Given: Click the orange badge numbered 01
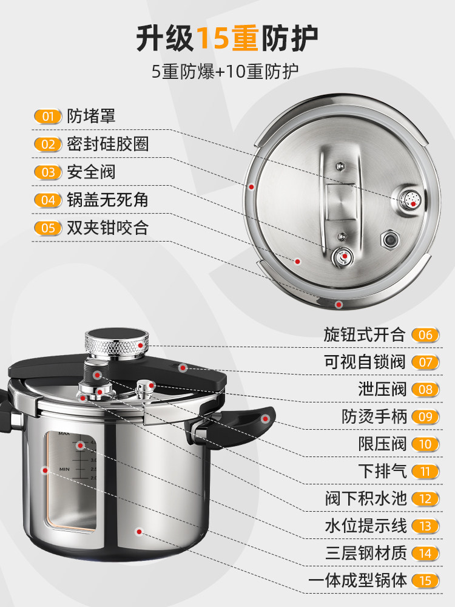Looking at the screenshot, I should pos(48,117).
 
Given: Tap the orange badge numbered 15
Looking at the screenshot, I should pos(425,581).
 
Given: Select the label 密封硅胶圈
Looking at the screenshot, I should pos(107,144).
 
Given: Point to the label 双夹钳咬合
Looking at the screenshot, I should pos(107,228).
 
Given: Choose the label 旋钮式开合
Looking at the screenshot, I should pos(364,334).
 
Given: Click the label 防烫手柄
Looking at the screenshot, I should pos(373,417).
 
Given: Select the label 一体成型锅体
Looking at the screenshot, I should pos(357,581).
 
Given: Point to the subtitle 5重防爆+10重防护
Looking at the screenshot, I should pos(225,72).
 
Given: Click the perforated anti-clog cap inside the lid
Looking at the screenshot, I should pos(411,198).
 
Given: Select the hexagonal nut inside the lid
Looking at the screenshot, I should pos(388,240).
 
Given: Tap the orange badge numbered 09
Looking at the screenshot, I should pos(425,417).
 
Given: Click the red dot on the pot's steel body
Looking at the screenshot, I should pos(140,532).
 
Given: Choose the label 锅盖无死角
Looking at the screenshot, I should pos(107,200).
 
